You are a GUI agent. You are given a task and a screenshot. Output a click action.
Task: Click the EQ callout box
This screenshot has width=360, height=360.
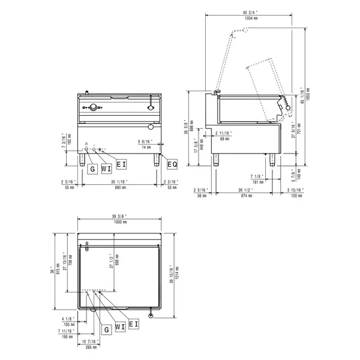pos(172,164)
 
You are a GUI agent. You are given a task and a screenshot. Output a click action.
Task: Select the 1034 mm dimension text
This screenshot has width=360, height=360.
pos(251,18)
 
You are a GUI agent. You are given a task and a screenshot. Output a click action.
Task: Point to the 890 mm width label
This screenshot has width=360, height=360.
pos(120,187)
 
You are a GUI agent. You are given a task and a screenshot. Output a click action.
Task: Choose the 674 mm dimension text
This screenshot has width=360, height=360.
pos(243,195)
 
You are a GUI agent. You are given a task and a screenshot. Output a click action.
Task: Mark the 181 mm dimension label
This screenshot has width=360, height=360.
pos(257,181)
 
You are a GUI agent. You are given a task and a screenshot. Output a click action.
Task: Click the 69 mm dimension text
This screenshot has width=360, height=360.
pos(226,139)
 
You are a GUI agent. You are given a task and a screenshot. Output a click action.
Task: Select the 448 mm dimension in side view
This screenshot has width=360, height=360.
pos(203,147)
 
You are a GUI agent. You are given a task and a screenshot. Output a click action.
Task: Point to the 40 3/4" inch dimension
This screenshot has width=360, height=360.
pos(251,12)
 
